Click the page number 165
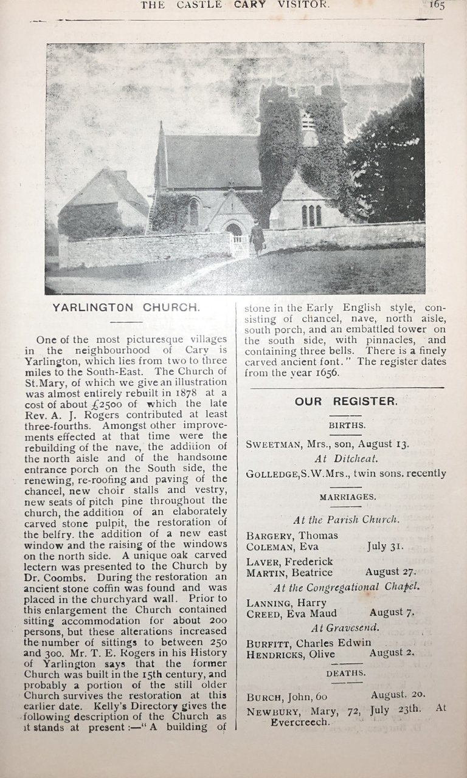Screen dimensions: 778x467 [436, 5]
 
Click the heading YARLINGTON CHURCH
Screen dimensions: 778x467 [126, 308]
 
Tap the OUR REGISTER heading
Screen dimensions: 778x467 [346, 401]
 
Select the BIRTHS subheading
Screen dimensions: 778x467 [347, 425]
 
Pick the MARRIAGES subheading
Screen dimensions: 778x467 [347, 497]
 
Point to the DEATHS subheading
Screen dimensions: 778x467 [346, 673]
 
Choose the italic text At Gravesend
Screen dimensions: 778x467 [346, 627]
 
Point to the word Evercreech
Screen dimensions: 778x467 [300, 722]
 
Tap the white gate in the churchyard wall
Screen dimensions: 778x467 [240, 246]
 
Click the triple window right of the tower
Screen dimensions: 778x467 [311, 215]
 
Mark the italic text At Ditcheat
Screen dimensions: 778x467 [346, 459]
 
